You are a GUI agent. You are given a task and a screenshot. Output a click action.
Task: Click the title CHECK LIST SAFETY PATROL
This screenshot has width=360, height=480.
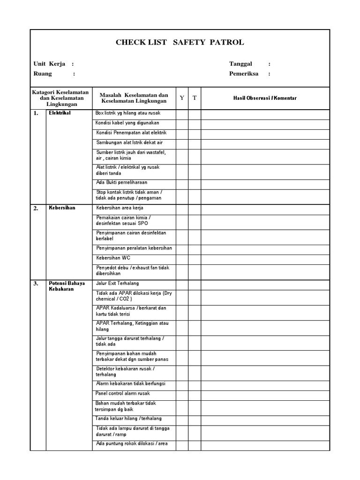point(180,43)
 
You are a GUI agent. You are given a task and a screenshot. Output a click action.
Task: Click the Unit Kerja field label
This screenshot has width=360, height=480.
point(49,64)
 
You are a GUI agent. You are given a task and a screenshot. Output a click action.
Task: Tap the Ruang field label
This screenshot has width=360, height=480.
point(43,74)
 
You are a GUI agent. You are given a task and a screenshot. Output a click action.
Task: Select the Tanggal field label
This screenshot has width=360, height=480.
point(240,64)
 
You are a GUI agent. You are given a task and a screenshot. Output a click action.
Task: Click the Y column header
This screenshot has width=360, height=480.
point(182,98)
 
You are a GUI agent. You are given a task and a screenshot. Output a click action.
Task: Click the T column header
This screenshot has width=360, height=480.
point(195,98)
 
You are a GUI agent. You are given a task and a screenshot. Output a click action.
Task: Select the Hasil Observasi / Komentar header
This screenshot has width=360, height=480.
point(265,98)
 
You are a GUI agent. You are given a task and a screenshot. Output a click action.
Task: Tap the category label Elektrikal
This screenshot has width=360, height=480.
point(60,113)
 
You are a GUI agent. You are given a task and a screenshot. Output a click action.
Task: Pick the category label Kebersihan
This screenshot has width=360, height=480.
point(62,208)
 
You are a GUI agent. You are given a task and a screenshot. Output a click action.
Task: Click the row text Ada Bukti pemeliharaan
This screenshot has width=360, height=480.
point(121,182)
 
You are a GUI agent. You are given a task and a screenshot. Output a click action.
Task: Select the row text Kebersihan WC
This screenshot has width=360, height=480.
point(113,258)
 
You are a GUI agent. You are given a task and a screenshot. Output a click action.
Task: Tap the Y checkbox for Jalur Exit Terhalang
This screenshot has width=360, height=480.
point(182,284)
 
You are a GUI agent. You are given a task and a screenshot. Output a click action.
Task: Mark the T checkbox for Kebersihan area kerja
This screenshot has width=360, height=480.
point(195,208)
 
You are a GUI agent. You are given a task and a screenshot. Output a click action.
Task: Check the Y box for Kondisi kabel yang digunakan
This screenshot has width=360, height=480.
point(182,123)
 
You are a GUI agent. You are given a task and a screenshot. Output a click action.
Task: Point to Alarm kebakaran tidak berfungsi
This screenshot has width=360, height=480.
point(130,384)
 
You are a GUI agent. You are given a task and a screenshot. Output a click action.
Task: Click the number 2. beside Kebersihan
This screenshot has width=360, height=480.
point(36,209)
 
